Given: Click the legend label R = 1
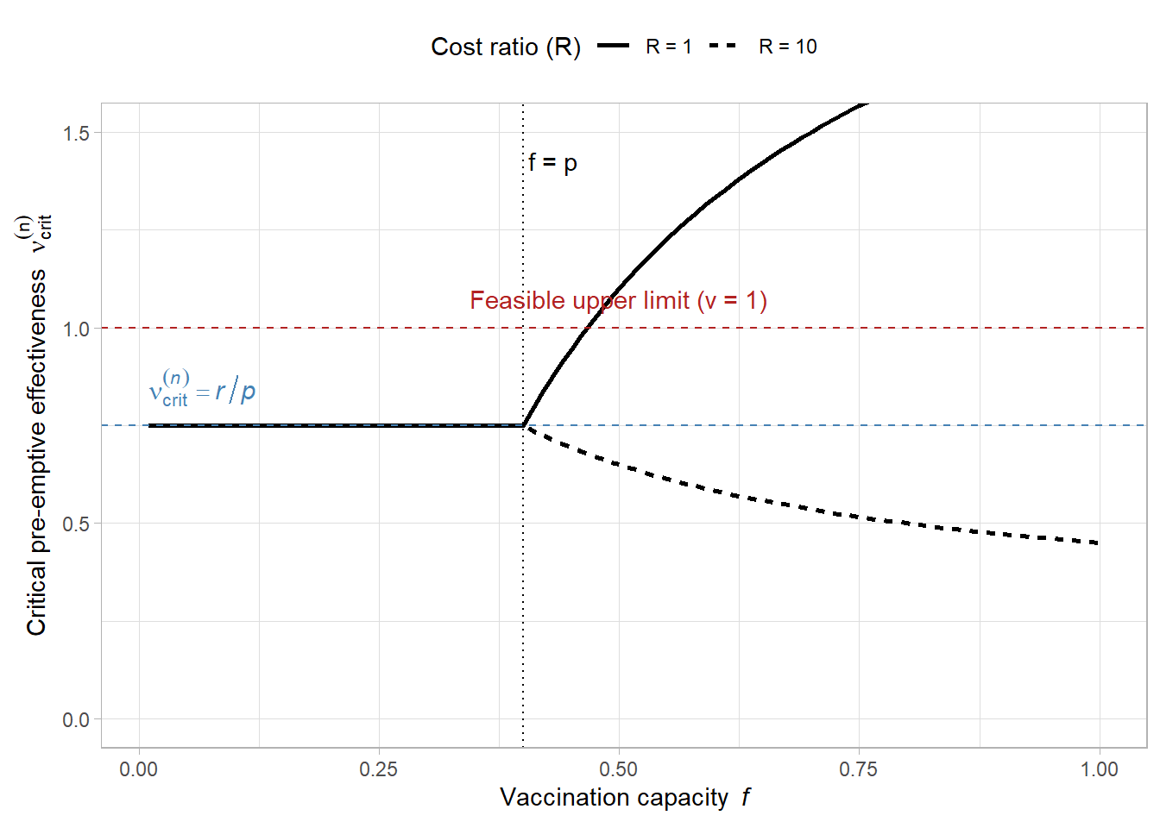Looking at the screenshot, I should click(669, 47).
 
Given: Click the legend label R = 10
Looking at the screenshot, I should click(787, 47).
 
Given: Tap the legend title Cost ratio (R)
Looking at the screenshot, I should click(506, 47).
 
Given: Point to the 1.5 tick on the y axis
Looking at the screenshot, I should click(76, 133).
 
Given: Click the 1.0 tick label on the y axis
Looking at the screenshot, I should click(76, 329).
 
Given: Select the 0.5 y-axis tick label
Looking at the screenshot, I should click(76, 524).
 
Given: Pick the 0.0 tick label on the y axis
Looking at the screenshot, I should click(76, 719).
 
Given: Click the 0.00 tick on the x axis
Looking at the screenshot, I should click(139, 769).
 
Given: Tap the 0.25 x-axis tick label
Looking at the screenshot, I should click(379, 769).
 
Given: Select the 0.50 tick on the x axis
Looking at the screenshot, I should click(619, 769).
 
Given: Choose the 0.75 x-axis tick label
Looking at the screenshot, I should click(859, 769).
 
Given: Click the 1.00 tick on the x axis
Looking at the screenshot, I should click(1099, 769).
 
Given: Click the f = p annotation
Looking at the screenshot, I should click(552, 162).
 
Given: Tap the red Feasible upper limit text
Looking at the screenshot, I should click(618, 300).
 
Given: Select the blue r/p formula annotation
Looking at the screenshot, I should click(203, 390).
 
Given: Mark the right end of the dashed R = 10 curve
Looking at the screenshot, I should click(1098, 543).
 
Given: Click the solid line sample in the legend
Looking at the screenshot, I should click(614, 47).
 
